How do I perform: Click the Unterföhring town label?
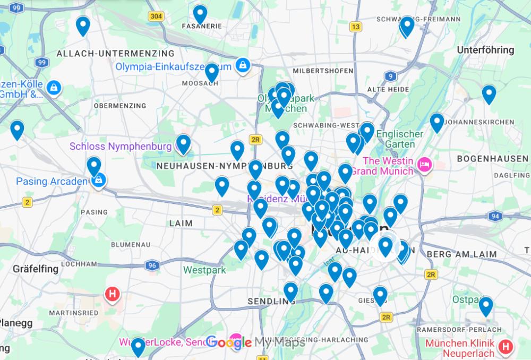coord(485,50)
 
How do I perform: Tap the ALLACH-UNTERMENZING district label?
coord(115,54)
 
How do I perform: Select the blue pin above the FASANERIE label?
coord(200,14)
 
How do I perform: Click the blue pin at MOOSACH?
coord(212,72)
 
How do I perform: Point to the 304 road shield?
coord(156,16)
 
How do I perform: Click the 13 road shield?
coord(355,27)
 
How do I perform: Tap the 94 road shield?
coord(495,216)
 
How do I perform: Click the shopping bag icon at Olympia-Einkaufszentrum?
coord(243,65)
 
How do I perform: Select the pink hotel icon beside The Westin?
coord(424,164)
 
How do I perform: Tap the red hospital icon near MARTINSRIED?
coord(113,293)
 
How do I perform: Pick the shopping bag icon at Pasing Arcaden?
coord(99,181)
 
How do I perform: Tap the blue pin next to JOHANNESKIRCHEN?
coord(436,122)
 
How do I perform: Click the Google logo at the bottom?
coord(229,343)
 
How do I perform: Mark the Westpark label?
coord(204,270)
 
